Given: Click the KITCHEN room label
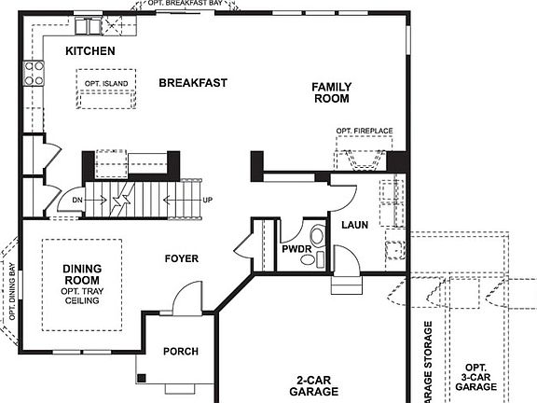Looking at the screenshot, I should pyautogui.click(x=90, y=51).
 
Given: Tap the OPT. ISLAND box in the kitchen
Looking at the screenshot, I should pyautogui.click(x=105, y=84).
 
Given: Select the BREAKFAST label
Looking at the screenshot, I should pyautogui.click(x=193, y=83).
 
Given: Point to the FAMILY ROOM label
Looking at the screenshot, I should pyautogui.click(x=331, y=91).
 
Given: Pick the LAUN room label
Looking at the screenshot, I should pyautogui.click(x=356, y=226).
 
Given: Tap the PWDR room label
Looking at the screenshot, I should pyautogui.click(x=296, y=249).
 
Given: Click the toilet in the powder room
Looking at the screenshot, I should pyautogui.click(x=319, y=238).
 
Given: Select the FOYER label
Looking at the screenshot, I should pyautogui.click(x=182, y=258).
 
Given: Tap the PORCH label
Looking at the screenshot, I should pyautogui.click(x=181, y=352).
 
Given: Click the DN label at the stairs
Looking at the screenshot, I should pyautogui.click(x=77, y=200).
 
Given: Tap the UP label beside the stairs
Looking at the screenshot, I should pyautogui.click(x=207, y=200).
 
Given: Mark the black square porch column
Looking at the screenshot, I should pyautogui.click(x=142, y=379).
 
